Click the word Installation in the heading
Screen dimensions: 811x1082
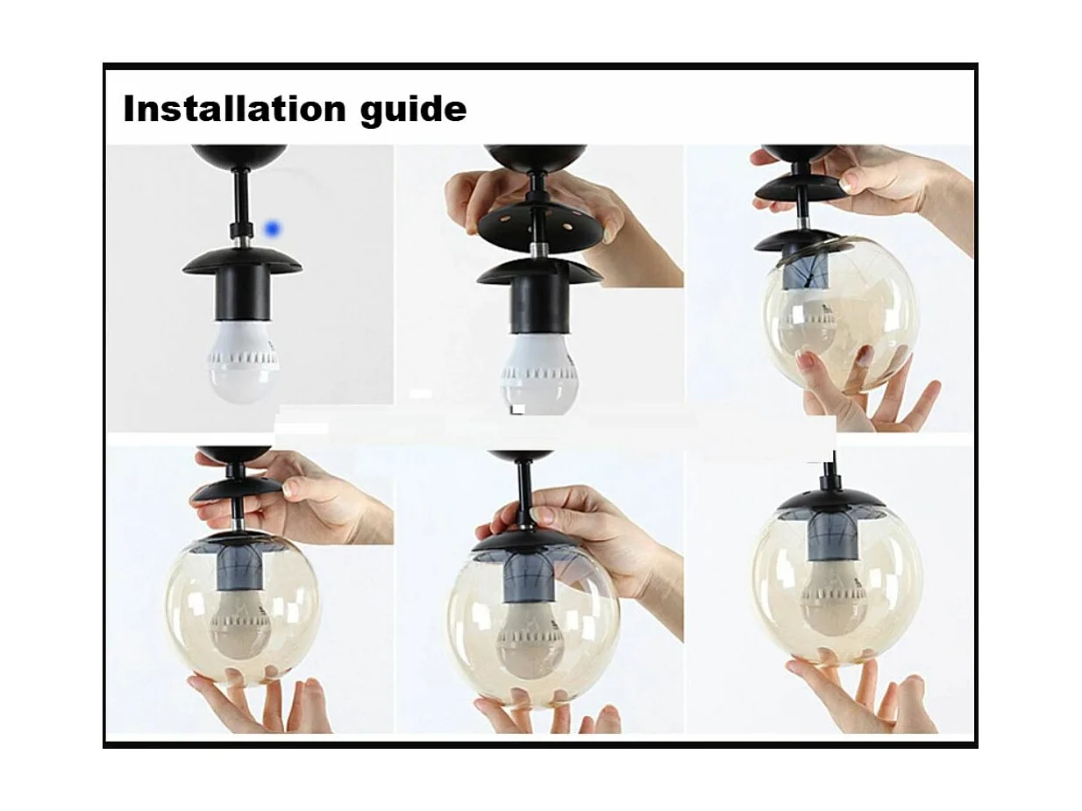(x=233, y=110)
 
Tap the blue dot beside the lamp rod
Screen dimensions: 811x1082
(x=272, y=229)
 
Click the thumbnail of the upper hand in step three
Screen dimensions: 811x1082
(x=851, y=181)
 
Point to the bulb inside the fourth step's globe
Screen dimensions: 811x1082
(x=242, y=622)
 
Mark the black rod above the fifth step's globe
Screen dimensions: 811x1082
(x=524, y=495)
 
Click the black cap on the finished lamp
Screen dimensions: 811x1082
(x=831, y=500)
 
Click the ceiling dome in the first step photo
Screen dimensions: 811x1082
(x=239, y=156)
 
